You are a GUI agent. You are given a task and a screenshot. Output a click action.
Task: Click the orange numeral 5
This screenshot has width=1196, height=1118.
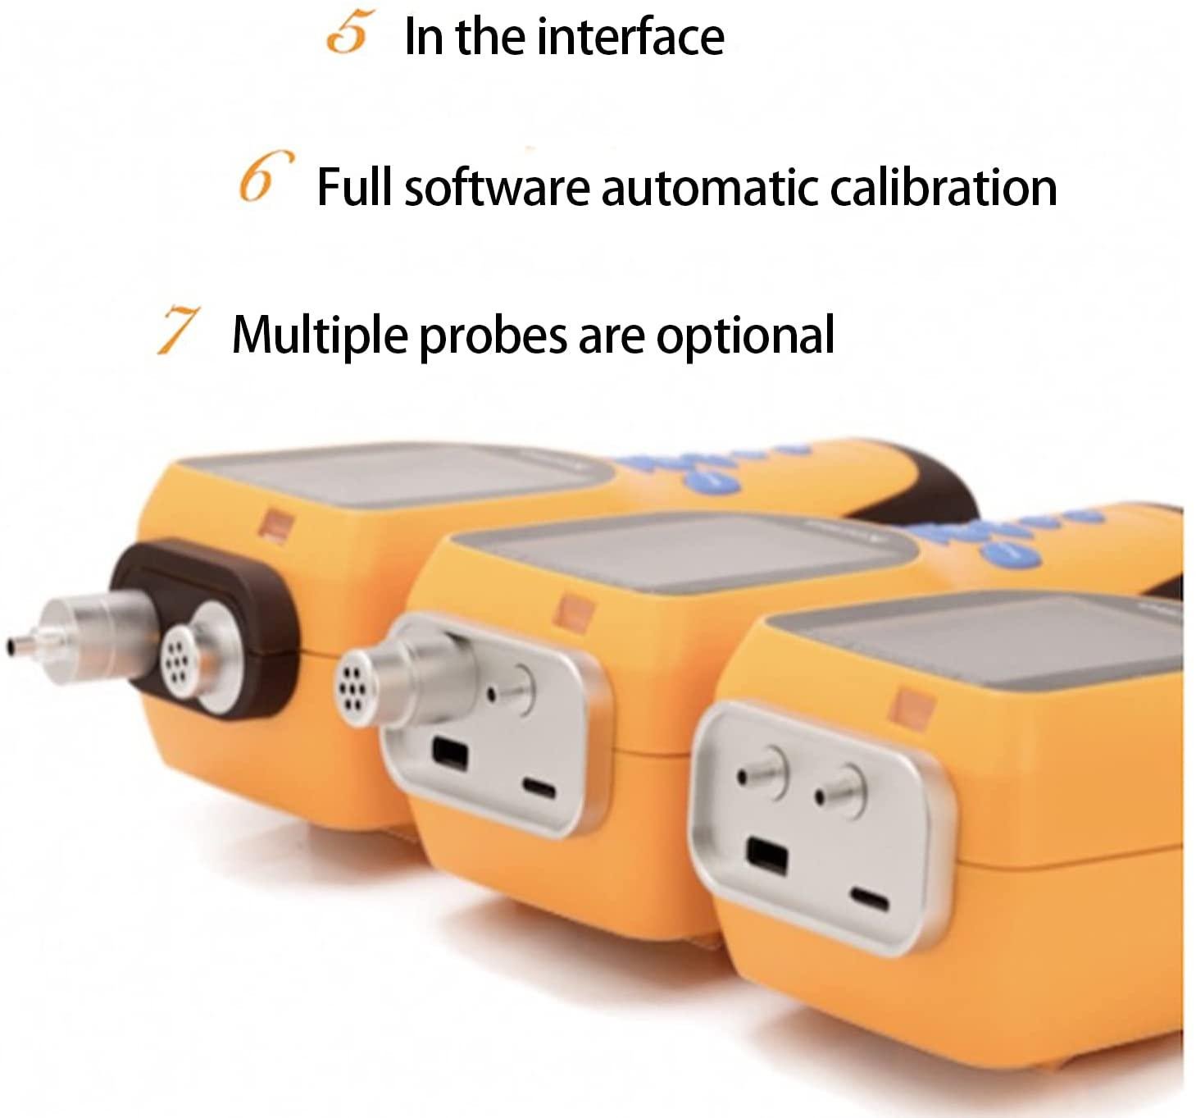tap(348, 35)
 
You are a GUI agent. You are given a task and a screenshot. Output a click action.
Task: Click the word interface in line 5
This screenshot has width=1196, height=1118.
tap(631, 37)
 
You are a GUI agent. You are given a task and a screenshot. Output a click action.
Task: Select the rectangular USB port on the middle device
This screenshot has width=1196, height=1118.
tap(449, 753)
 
